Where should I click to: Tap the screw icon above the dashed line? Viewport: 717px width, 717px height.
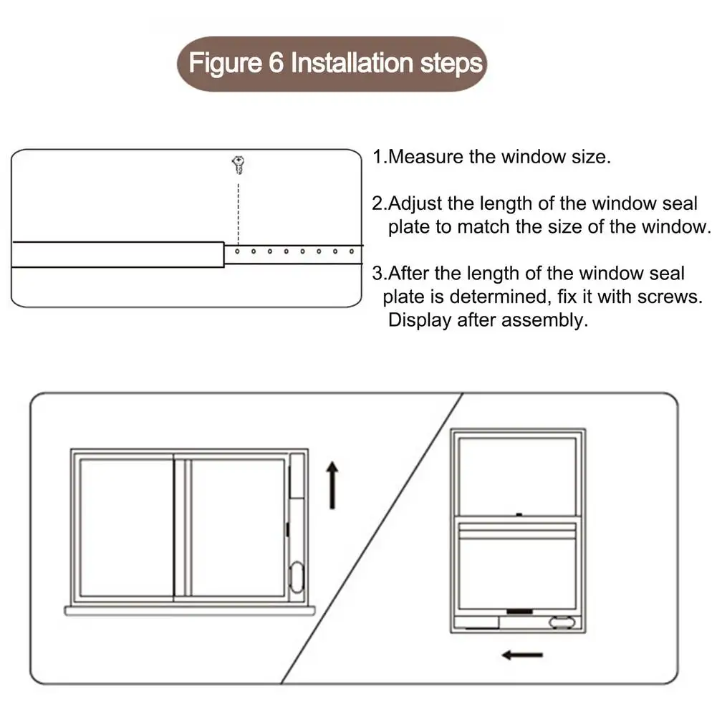[238, 165]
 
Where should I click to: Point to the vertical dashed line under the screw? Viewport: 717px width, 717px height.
[238, 208]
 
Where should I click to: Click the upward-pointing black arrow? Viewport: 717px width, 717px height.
[332, 485]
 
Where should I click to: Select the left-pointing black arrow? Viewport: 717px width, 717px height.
[522, 654]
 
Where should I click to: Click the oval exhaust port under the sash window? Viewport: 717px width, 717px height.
[562, 622]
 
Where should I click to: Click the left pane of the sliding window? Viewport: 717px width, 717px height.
[126, 527]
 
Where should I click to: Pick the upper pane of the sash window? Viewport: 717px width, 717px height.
[517, 473]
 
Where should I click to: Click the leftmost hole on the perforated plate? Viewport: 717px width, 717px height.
[238, 251]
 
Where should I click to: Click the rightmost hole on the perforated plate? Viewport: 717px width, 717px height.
[352, 251]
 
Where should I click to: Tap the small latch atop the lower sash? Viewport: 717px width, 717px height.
[517, 514]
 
